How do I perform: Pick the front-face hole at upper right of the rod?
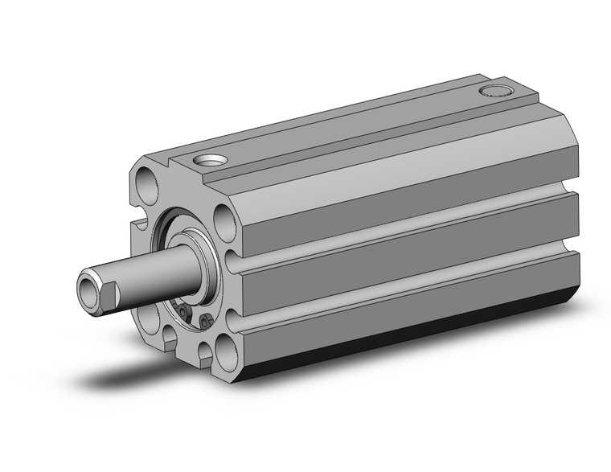pos(226,221)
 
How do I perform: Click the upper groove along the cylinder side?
pos(402,223)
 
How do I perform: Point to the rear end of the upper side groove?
pos(575,192)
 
